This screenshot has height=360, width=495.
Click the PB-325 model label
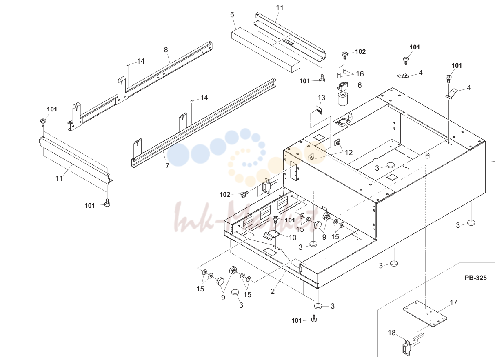[x=475, y=278]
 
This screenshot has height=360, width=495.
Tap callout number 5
[x=232, y=15]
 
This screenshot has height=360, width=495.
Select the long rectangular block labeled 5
[x=266, y=50]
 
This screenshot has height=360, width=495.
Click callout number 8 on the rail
[x=166, y=50]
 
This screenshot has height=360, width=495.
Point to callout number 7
[x=167, y=166]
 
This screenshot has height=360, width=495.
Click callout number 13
[x=321, y=98]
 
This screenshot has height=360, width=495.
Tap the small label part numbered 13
[x=319, y=110]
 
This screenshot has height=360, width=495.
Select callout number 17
[x=453, y=302]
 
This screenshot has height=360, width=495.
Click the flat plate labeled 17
[x=425, y=313]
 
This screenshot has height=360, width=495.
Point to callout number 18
[x=392, y=333]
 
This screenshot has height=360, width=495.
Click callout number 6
[x=360, y=85]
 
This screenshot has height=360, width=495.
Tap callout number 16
[x=360, y=74]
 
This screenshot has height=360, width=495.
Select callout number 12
[x=349, y=153]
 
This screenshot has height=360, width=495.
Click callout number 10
[x=293, y=238]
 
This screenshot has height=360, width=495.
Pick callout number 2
[x=273, y=291]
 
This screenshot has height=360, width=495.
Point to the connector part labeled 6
[x=342, y=86]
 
